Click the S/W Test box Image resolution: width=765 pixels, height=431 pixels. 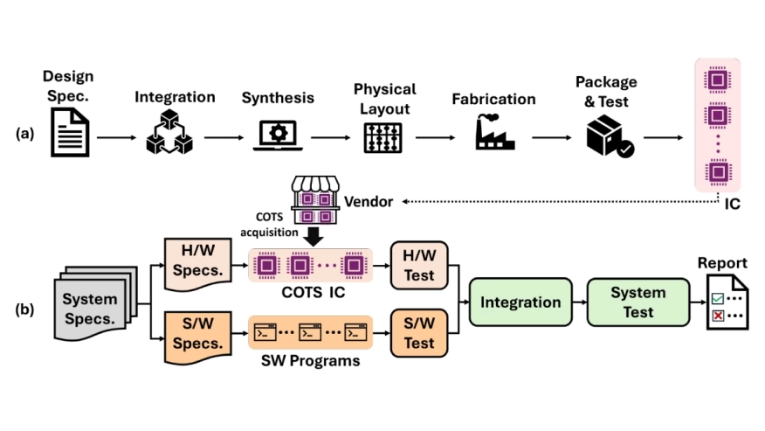point(419,333)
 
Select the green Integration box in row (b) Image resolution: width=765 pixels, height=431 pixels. point(521,302)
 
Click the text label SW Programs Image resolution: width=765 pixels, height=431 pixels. point(310,359)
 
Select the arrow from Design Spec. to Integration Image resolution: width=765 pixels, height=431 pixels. point(114,137)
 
